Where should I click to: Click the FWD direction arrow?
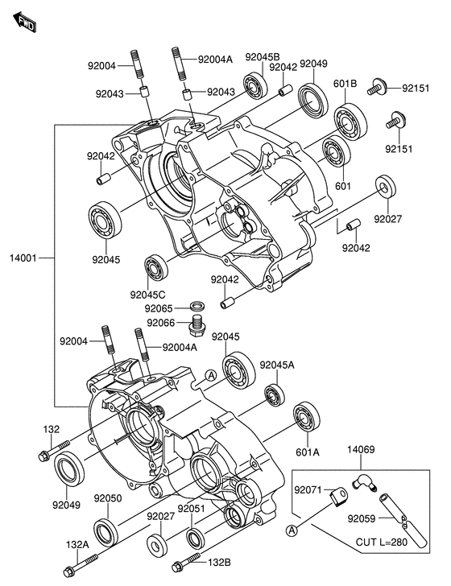(x=25, y=22)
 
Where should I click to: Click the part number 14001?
(x=23, y=258)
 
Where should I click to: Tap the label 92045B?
(x=263, y=57)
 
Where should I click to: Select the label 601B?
(x=345, y=84)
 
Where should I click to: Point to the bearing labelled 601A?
(x=307, y=418)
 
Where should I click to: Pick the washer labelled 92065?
(x=198, y=306)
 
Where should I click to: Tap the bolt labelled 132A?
(x=81, y=565)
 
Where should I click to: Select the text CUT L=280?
(x=382, y=542)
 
